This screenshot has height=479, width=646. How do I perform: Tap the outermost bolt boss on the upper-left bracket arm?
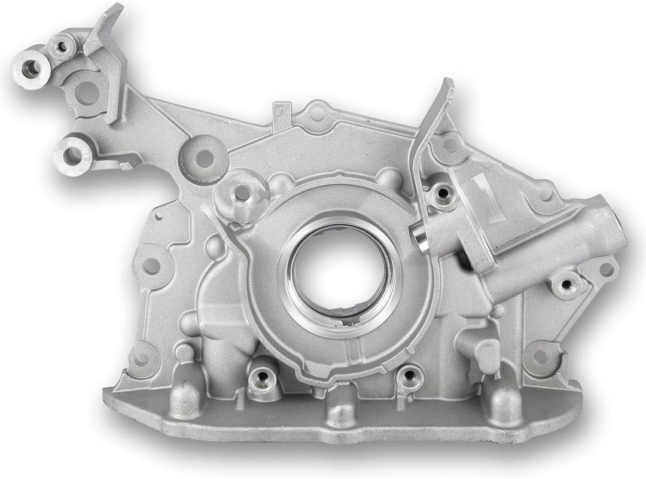point(31,69)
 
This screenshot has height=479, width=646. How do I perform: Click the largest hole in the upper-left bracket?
point(87,93)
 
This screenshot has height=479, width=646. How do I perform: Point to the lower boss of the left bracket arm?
point(72,156)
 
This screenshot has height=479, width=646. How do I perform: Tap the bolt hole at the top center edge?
point(318,113)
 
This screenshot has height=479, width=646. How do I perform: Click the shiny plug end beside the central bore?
point(422,239)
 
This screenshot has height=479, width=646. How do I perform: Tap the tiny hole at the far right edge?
point(607,269)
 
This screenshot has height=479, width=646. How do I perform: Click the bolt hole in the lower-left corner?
point(141,359)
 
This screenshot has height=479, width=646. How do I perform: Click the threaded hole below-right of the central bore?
point(410,376)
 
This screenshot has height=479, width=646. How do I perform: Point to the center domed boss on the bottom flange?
point(341,407)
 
